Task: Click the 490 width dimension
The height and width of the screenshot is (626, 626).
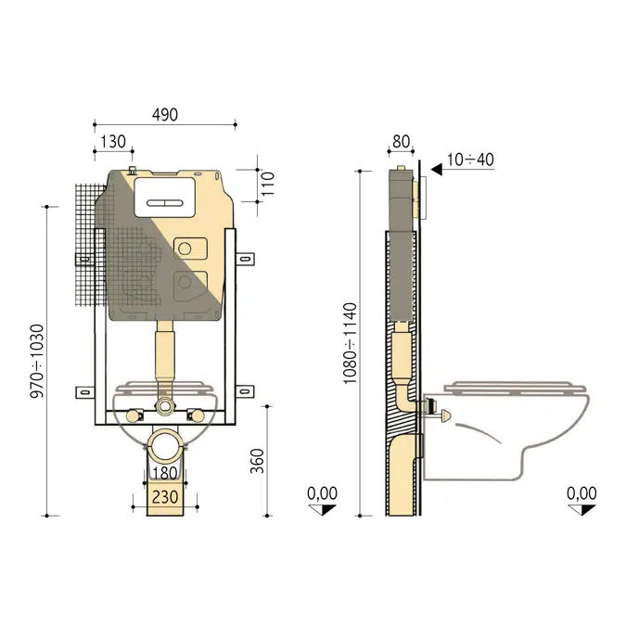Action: pyautogui.click(x=164, y=114)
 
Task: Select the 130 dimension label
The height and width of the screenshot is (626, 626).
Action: pyautogui.click(x=112, y=140)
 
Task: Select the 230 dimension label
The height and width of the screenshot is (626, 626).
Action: pyautogui.click(x=167, y=497)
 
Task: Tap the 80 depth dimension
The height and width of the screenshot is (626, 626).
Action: pyautogui.click(x=401, y=141)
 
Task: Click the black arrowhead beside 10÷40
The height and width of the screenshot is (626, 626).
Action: pyautogui.click(x=436, y=160)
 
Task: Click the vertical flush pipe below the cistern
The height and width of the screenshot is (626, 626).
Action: pyautogui.click(x=165, y=357)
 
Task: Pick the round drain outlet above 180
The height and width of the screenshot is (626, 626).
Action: pyautogui.click(x=167, y=445)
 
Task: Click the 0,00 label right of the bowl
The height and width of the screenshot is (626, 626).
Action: pyautogui.click(x=582, y=492)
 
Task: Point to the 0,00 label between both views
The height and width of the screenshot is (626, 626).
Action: pyautogui.click(x=322, y=492)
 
